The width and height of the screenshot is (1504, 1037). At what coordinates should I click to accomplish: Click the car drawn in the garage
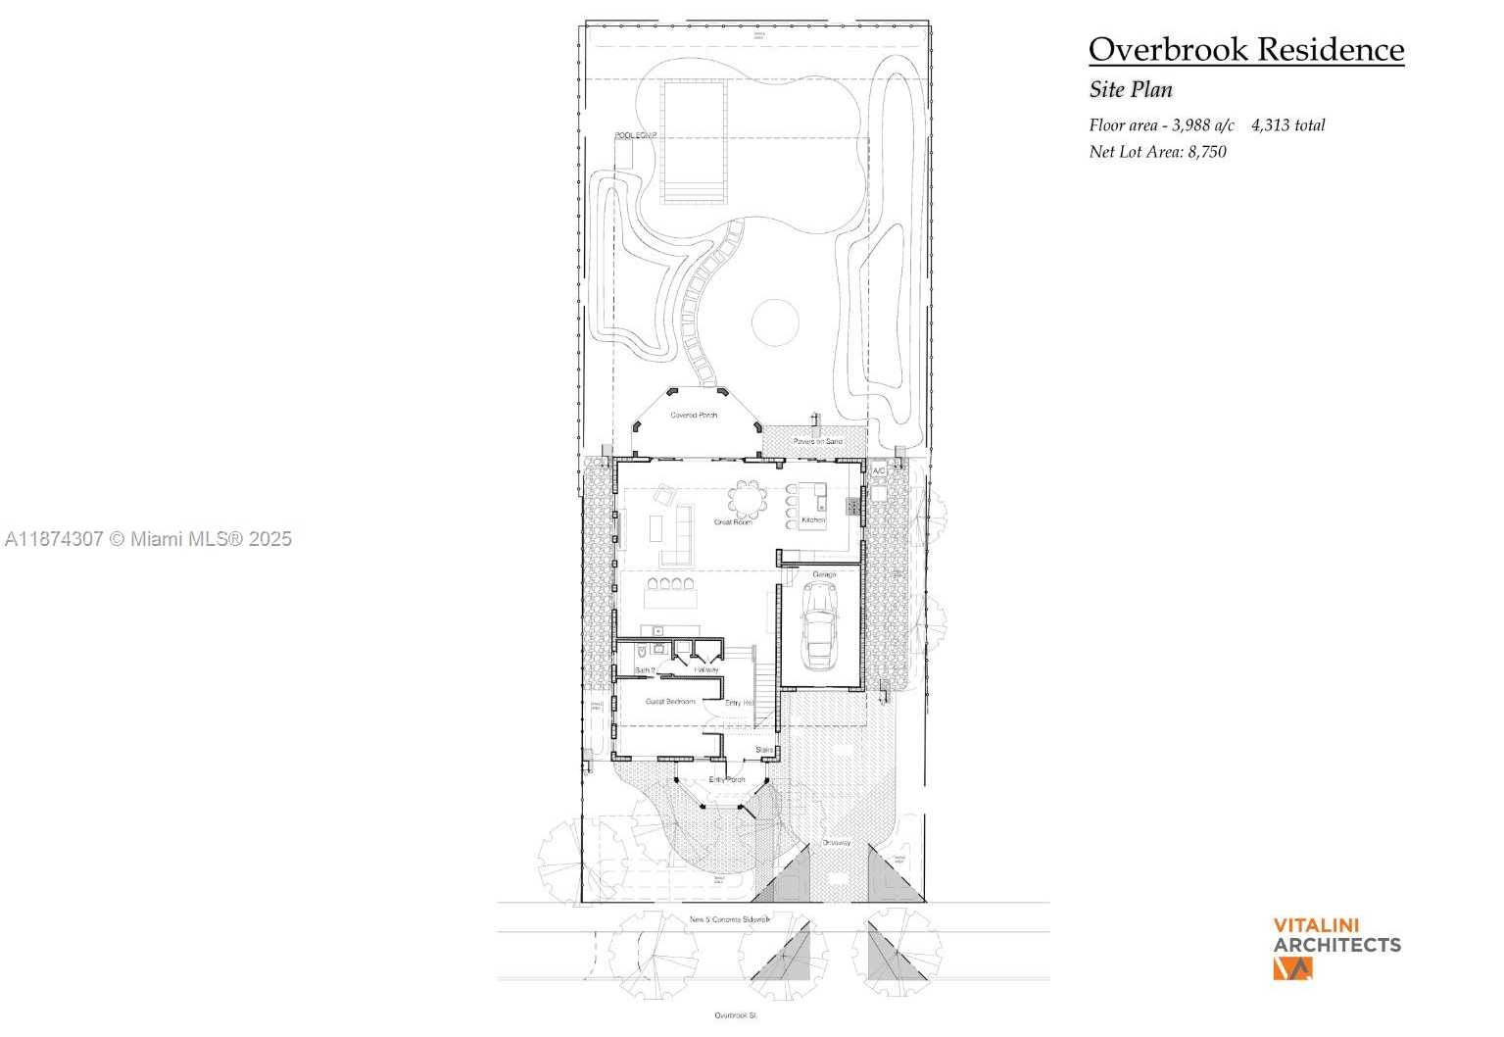[818, 624]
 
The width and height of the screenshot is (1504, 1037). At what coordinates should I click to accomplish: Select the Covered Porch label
[694, 416]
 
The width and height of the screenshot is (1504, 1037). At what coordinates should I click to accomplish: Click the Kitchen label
[813, 519]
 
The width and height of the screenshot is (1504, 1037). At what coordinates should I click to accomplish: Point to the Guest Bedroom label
[670, 702]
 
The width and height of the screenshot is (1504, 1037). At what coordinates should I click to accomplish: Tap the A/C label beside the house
[879, 471]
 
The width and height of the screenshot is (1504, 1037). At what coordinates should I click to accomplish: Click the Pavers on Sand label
[818, 442]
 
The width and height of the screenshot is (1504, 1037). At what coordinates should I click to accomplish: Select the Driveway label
[836, 843]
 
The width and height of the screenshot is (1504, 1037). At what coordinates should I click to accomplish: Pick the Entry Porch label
[727, 779]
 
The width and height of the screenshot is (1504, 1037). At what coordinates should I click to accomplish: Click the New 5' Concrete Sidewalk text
[730, 919]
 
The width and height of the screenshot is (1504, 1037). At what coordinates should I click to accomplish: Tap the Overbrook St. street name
[735, 1015]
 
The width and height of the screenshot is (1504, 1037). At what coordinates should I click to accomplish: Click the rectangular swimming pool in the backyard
[694, 141]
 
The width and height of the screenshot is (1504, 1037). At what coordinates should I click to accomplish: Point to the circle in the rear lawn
[775, 322]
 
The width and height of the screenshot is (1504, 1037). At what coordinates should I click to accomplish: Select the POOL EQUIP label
[636, 135]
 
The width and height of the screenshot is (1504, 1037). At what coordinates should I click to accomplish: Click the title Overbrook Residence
[1245, 49]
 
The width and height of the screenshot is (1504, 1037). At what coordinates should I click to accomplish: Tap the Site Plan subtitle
[1131, 89]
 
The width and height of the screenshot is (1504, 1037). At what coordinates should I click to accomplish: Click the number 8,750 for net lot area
[1207, 152]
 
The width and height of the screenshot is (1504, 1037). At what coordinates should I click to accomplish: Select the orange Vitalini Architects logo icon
[1292, 968]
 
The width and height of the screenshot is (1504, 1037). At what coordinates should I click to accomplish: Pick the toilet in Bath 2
[639, 651]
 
